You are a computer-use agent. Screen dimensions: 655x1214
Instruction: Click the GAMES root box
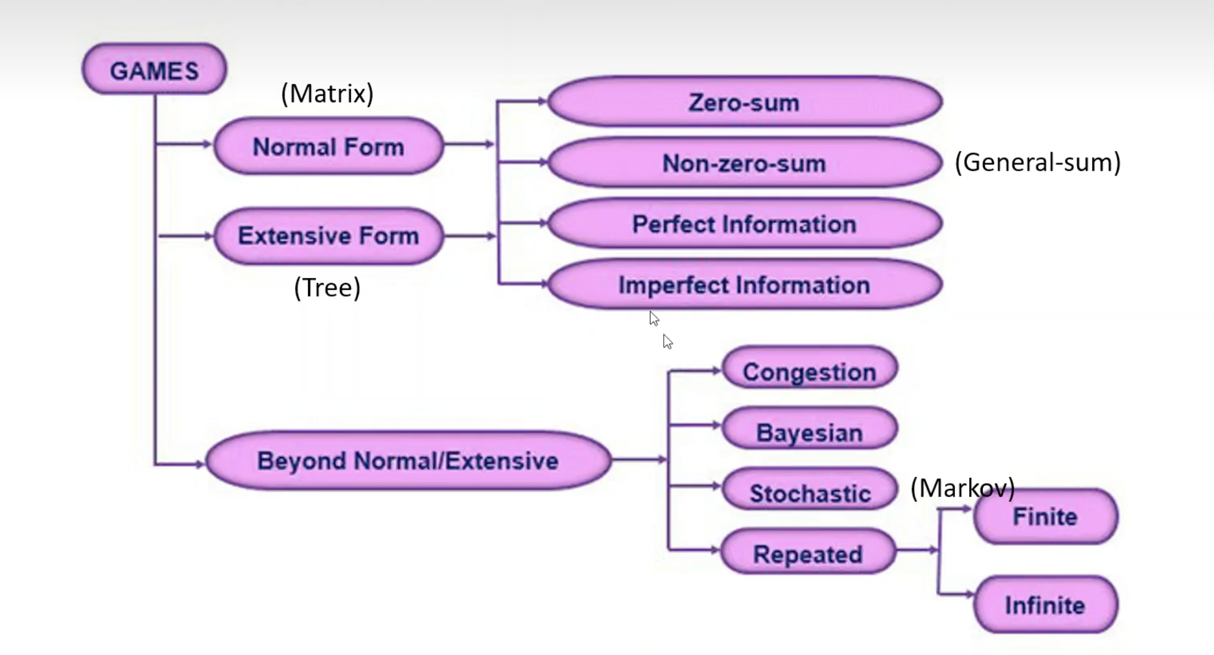(x=154, y=70)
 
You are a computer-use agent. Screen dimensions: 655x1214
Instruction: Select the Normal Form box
(x=328, y=146)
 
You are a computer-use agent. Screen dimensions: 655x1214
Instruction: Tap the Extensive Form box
(x=328, y=236)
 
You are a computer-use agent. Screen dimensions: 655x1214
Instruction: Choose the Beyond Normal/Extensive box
(x=408, y=460)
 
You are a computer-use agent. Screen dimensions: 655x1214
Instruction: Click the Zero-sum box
(x=744, y=102)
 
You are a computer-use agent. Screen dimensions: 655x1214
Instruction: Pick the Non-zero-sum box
(x=744, y=163)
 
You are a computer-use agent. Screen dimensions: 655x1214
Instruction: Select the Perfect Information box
(x=744, y=224)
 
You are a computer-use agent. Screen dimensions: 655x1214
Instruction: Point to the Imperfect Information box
(x=744, y=285)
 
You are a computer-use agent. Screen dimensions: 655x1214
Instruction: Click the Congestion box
(x=809, y=371)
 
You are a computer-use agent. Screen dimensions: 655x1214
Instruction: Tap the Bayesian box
(x=809, y=432)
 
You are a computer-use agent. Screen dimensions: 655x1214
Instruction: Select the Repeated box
(x=808, y=553)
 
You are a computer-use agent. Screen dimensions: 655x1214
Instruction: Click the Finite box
(x=1045, y=517)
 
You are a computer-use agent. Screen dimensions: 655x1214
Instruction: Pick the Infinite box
(x=1045, y=605)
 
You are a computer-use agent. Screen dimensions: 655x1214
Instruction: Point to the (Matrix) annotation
(x=327, y=93)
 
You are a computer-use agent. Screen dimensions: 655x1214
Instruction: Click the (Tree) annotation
(x=327, y=287)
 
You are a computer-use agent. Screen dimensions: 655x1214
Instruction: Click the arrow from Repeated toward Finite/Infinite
(x=917, y=550)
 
